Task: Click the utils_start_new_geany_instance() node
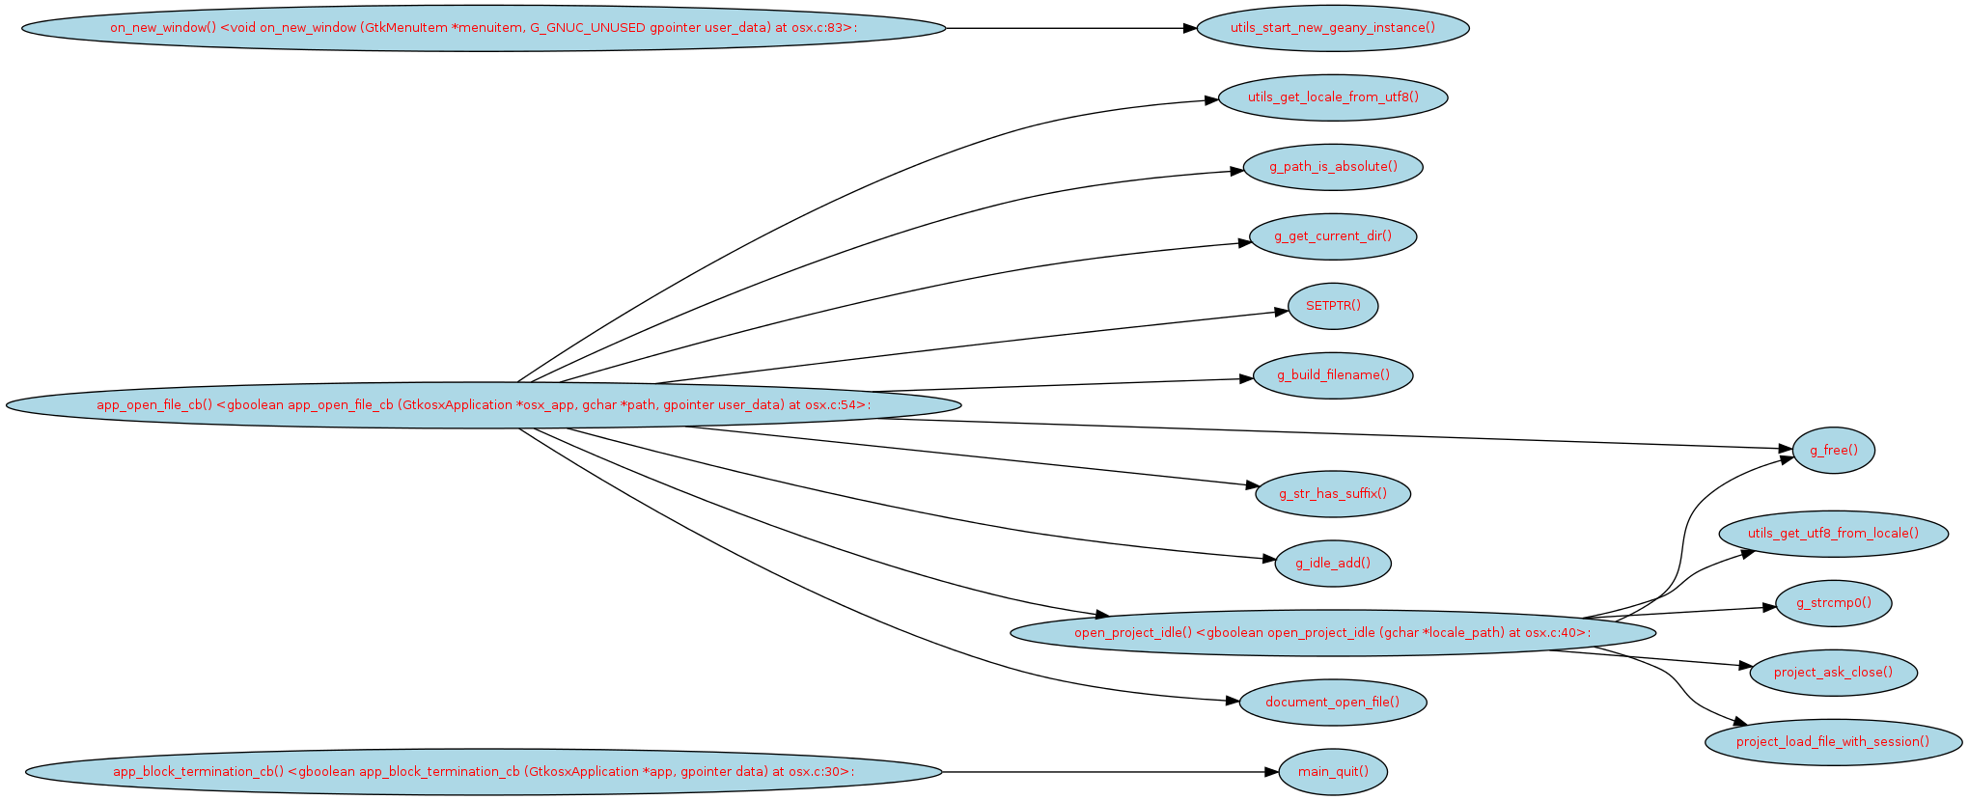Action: pos(1332,28)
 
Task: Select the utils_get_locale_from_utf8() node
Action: pos(1332,97)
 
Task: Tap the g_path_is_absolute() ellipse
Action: pos(1332,167)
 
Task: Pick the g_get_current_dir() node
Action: pos(1332,236)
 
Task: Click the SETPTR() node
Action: pos(1332,306)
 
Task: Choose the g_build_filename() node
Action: pos(1332,375)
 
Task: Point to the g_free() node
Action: pos(1833,451)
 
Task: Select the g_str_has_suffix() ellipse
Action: pos(1332,494)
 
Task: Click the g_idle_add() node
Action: pos(1332,564)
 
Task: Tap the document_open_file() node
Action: pos(1332,703)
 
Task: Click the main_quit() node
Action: pos(1332,772)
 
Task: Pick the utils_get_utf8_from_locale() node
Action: pos(1833,534)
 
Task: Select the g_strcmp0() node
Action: pos(1833,603)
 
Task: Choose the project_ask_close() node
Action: pos(1833,673)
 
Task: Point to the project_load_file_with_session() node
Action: pos(1833,742)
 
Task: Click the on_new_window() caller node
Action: pos(483,28)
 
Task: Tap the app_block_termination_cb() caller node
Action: pos(483,772)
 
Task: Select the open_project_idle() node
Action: pos(1332,633)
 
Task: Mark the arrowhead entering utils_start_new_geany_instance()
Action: pos(1190,28)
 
